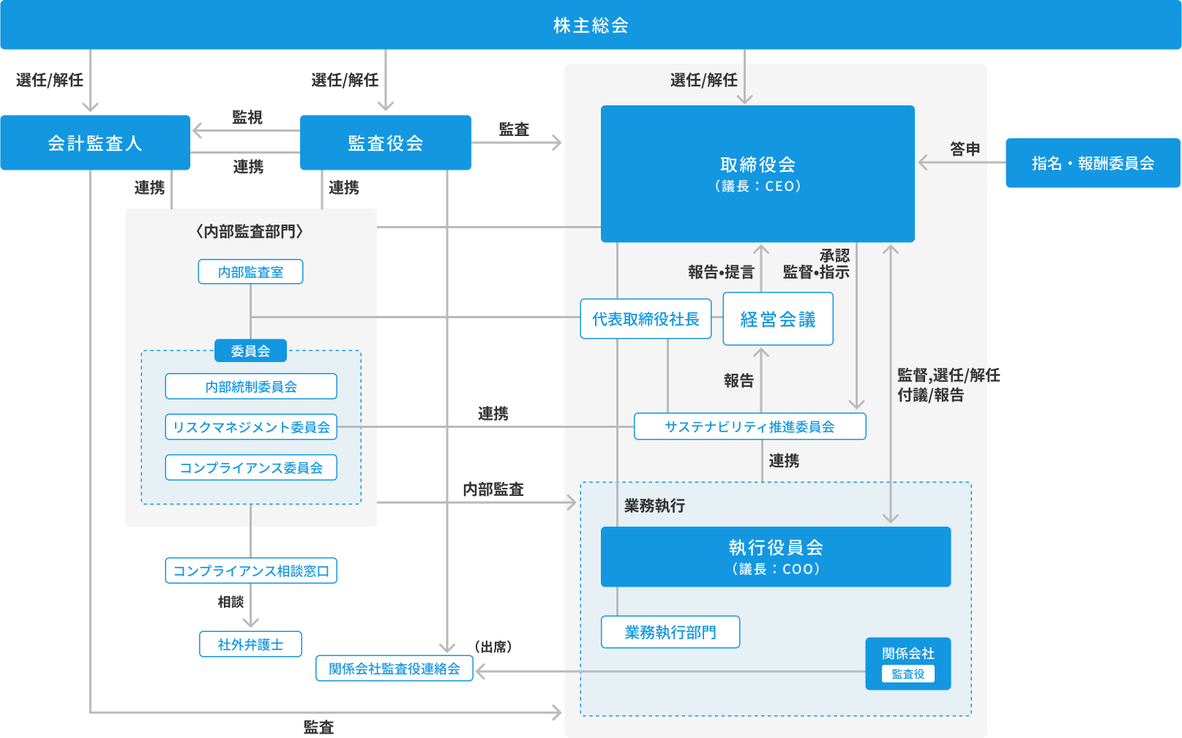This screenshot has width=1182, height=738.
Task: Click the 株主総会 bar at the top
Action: pos(591,25)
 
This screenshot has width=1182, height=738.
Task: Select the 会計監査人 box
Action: pos(95,143)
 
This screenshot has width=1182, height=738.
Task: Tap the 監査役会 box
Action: pos(386,143)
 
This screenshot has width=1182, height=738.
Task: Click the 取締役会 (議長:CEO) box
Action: pos(758,173)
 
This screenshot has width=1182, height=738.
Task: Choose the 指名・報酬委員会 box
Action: pos(1093,163)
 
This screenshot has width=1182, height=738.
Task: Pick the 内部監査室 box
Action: pos(250,271)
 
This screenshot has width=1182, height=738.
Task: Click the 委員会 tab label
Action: pos(250,351)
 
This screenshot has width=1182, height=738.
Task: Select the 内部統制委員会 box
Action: pos(251,386)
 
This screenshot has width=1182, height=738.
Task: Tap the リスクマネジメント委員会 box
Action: pos(251,426)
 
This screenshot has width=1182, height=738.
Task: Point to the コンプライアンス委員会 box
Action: pos(251,467)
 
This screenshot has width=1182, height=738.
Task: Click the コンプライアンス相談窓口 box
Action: pos(251,571)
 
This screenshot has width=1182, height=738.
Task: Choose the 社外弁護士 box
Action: pos(250,644)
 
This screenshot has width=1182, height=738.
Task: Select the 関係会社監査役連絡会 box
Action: pos(394,669)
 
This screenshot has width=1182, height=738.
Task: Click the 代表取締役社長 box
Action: pos(646,319)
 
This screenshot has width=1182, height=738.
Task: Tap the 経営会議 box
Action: pos(778,319)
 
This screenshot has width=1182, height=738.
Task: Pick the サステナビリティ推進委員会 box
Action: pos(749,426)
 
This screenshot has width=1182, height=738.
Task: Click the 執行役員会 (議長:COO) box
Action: pos(776,557)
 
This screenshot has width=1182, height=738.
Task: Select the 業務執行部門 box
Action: pos(670,632)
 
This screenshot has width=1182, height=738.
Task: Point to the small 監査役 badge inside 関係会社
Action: pos(908,674)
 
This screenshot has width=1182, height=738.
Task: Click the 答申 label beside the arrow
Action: pos(965,148)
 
